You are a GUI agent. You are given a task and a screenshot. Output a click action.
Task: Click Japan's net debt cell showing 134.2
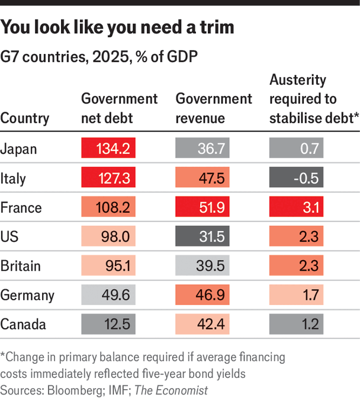108,148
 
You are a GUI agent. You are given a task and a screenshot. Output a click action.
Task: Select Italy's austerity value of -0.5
296,177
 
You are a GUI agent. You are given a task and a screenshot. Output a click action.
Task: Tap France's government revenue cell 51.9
202,206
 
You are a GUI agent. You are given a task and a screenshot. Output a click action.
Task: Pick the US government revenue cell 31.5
202,236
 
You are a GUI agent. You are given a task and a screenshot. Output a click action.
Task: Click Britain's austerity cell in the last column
296,265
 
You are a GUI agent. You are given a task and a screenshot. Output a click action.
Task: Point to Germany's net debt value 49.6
108,294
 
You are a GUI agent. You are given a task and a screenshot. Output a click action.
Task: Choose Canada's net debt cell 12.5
108,324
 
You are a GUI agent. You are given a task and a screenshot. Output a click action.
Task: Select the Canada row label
23,324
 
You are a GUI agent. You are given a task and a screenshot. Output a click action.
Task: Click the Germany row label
27,296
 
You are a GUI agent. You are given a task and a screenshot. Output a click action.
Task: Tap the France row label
21,208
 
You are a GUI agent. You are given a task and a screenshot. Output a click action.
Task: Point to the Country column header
25,118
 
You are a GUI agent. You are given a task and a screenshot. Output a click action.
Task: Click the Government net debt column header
119,108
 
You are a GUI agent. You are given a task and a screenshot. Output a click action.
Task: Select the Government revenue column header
214,108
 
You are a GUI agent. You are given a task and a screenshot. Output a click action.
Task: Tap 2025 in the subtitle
111,57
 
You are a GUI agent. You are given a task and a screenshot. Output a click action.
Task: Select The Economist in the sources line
171,390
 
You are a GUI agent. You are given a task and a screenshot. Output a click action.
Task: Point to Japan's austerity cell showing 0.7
296,148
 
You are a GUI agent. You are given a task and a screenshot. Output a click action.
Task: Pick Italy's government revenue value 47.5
202,177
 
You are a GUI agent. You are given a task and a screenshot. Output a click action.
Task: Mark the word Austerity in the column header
298,80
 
